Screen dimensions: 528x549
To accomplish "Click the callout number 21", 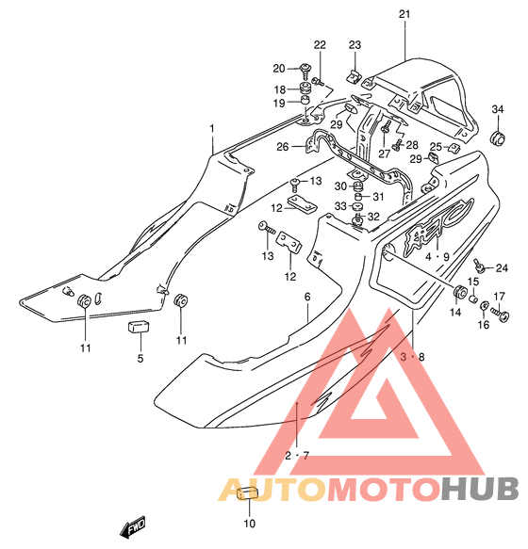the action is point(404,14).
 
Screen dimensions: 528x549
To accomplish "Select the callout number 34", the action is point(497,109).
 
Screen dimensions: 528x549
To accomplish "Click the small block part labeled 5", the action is point(139,328).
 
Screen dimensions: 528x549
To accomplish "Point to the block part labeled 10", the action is point(248,493).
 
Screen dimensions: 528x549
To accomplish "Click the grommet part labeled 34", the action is point(498,138).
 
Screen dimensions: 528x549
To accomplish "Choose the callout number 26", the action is point(283,147).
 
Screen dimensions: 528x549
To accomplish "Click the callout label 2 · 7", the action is point(297,456).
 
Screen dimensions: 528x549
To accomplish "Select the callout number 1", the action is point(212,129).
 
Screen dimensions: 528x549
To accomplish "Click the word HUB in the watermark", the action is point(480,489).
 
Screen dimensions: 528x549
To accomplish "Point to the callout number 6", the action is point(307,297).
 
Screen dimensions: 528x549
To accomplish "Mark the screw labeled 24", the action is point(479,266).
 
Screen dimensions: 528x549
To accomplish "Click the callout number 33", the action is point(340,206).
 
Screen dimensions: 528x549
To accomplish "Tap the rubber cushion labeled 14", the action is point(459,291).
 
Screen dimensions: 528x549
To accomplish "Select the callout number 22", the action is point(320,45).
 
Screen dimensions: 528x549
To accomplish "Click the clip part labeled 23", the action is point(355,77).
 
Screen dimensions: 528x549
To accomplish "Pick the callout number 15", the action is point(473,282).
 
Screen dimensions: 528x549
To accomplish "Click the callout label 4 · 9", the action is point(437,257).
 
